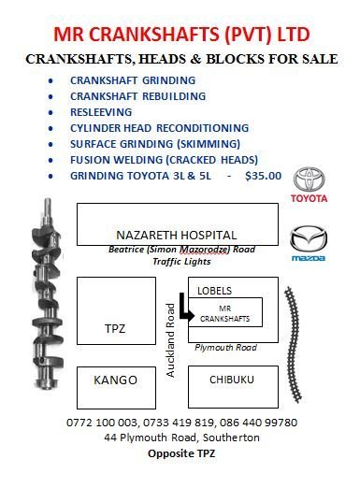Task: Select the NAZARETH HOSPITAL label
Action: pyautogui.click(x=176, y=235)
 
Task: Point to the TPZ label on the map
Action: pyautogui.click(x=114, y=328)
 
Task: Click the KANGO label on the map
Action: pyautogui.click(x=116, y=380)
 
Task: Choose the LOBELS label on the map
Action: pyautogui.click(x=214, y=291)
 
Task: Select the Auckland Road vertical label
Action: pyautogui.click(x=171, y=344)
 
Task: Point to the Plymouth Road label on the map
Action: pyautogui.click(x=225, y=348)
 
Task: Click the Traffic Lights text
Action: pyautogui.click(x=175, y=263)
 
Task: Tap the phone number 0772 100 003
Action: pyautogui.click(x=103, y=423)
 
